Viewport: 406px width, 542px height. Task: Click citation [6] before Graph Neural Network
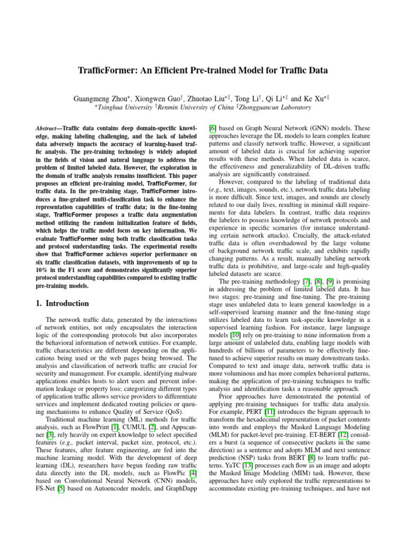click(213, 129)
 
